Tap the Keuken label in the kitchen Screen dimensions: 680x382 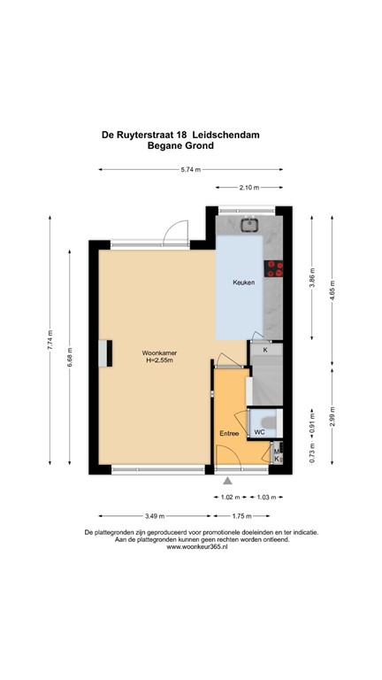pos(244,282)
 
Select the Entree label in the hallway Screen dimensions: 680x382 pos(229,433)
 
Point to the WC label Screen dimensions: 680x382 pos(260,431)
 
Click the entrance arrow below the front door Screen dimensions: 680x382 pos(229,480)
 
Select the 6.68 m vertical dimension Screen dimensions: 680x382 pos(70,357)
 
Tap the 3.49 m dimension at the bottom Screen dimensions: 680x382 pos(153,516)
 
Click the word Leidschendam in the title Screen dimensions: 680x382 pos(233,135)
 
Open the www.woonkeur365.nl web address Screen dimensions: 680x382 pos(191,548)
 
